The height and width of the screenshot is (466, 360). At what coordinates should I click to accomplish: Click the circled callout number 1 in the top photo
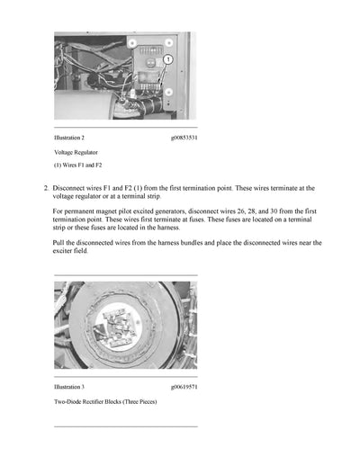pos(166,59)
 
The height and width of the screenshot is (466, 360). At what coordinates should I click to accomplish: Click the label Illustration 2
pos(70,138)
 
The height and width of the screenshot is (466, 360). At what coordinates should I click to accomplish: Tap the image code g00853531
pos(184,138)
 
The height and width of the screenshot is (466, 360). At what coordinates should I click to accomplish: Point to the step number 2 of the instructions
pos(46,188)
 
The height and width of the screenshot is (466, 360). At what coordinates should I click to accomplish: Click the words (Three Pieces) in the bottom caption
pos(136,401)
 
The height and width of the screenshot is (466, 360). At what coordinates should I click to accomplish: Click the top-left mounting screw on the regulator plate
pos(132,42)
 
